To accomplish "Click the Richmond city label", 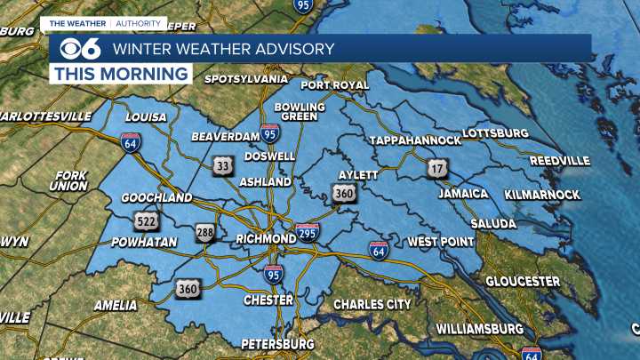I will click(x=266, y=239).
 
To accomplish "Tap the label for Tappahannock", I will click(x=415, y=140).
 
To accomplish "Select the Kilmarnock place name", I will click(x=541, y=194).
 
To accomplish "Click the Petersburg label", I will click(x=277, y=343).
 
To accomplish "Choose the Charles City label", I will click(x=372, y=304).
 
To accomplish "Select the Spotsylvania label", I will click(x=246, y=78).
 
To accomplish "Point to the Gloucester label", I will click(x=522, y=281).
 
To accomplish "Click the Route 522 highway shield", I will click(x=148, y=219).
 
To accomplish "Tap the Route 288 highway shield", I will click(x=206, y=233).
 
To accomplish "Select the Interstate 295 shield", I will click(x=308, y=233).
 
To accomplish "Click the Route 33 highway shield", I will click(x=222, y=164).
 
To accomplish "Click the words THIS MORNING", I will click(x=122, y=73).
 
